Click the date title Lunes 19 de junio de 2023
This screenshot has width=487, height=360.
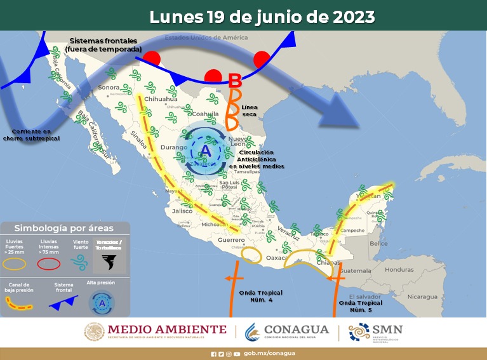[x=262, y=17]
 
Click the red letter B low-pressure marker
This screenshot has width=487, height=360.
[x=234, y=81]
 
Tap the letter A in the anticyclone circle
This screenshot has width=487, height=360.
[x=206, y=151]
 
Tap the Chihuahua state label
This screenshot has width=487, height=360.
[x=160, y=100]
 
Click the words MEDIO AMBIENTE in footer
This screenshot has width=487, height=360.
[x=166, y=329]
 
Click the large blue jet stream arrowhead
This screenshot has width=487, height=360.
[x=337, y=112]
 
